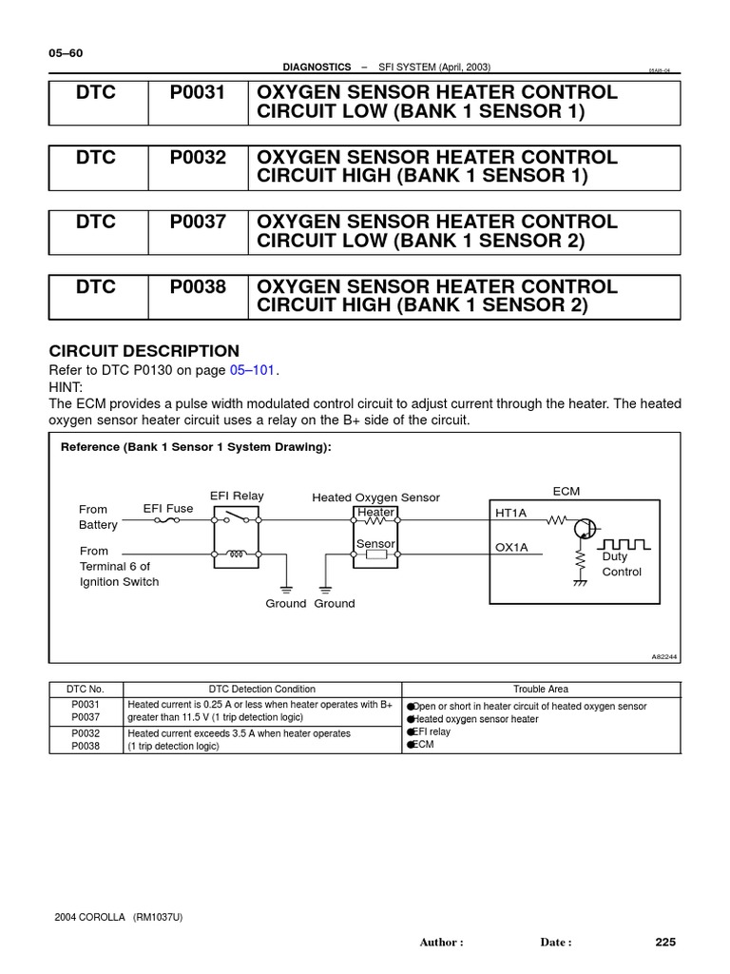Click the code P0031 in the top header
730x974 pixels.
(x=198, y=93)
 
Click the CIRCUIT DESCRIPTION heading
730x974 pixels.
(x=144, y=351)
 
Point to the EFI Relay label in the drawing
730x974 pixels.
(x=237, y=497)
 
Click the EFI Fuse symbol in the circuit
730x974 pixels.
(x=168, y=521)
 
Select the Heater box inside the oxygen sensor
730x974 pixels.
(x=375, y=513)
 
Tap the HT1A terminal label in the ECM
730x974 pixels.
(x=510, y=513)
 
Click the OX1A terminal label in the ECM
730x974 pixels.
(x=510, y=547)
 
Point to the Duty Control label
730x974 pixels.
(x=622, y=564)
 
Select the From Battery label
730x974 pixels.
(x=98, y=516)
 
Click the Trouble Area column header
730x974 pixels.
(x=541, y=689)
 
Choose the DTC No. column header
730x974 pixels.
(x=86, y=689)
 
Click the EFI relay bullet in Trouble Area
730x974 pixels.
(x=432, y=732)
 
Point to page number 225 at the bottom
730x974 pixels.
(x=665, y=942)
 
